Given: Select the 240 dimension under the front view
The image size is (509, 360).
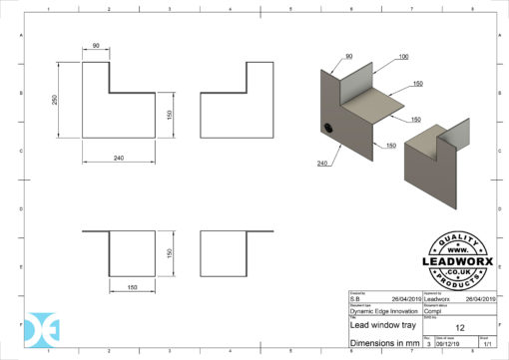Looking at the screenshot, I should [118, 158].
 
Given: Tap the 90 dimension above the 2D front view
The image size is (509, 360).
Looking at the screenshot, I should [96, 46].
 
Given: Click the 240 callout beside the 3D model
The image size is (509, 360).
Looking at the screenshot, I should [323, 163].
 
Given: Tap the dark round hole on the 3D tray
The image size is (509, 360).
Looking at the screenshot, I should [329, 128].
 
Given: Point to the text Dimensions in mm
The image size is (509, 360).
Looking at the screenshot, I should [382, 342].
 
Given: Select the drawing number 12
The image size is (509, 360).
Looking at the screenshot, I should [459, 326].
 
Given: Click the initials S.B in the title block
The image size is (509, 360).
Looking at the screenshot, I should [355, 297].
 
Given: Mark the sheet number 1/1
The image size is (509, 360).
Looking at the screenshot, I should [486, 343].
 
